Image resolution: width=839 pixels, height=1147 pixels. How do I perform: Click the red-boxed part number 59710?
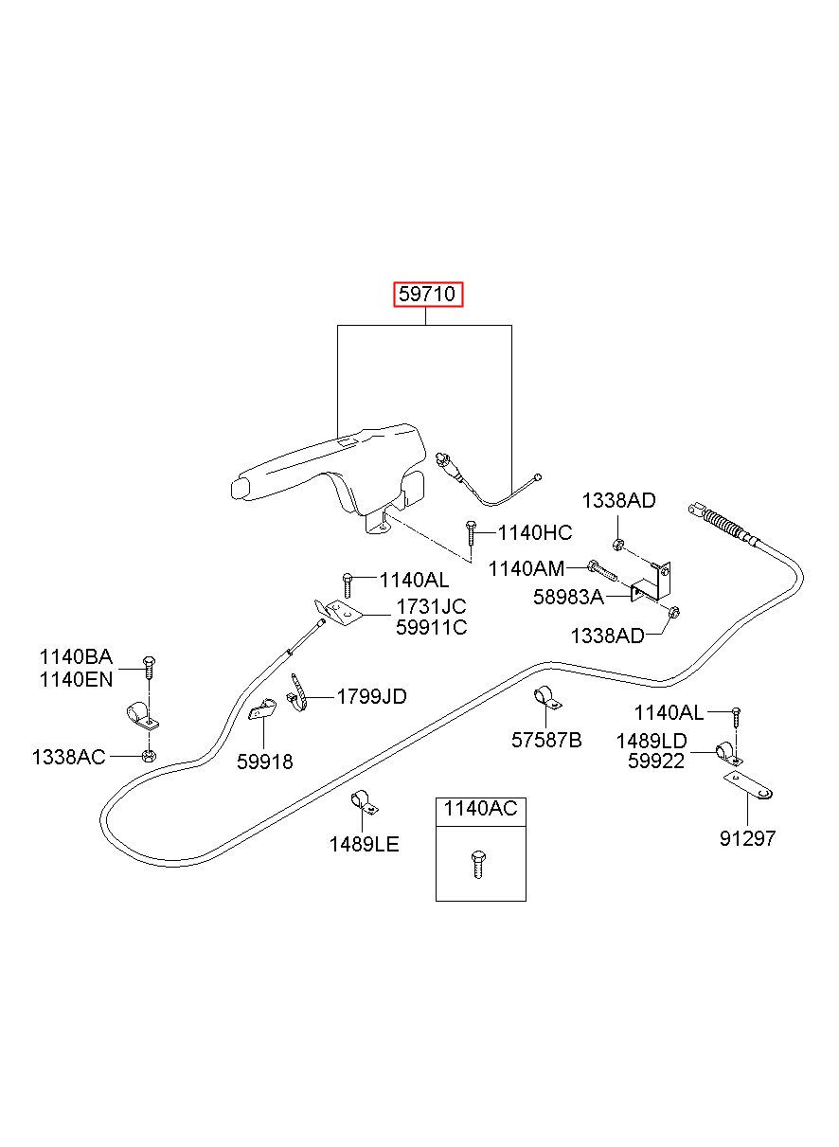(427, 294)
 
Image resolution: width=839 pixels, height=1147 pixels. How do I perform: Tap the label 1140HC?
(534, 533)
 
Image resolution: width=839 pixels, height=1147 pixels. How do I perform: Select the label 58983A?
(568, 597)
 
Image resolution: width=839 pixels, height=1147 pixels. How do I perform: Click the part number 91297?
(747, 838)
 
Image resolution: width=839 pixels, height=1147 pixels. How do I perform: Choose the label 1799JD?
(371, 696)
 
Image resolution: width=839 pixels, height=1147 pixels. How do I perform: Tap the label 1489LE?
(364, 844)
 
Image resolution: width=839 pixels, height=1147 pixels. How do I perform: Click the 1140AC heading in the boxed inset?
(480, 809)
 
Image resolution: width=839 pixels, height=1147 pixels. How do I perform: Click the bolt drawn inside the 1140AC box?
(478, 866)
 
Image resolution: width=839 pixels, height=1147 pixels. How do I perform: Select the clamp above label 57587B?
(546, 698)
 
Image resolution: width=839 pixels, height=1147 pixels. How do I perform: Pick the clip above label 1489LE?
(364, 804)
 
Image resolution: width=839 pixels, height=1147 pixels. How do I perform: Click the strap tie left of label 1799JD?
(297, 692)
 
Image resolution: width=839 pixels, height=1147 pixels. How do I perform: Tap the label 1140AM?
(527, 568)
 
